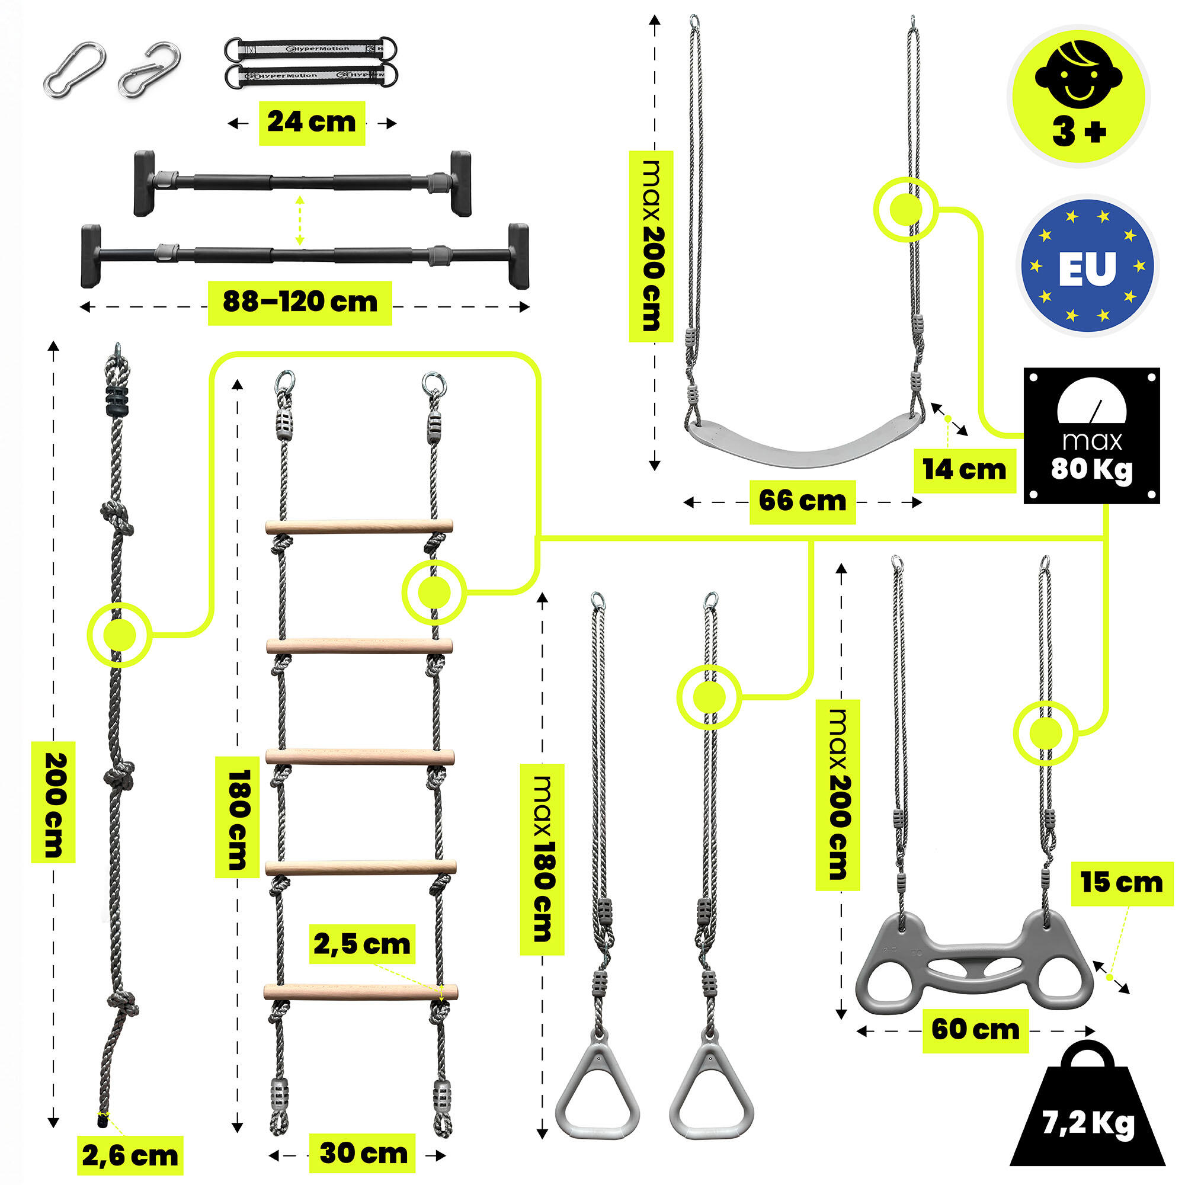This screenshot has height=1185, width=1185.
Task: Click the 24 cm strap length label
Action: (x=312, y=123)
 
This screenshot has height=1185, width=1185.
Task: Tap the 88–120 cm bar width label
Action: (x=300, y=302)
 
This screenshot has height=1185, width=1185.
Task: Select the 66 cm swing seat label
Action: (x=802, y=502)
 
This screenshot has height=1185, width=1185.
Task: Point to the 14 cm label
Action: (x=965, y=470)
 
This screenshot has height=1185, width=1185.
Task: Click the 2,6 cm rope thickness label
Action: (x=130, y=1155)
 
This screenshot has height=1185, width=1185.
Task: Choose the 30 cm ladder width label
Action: (x=364, y=1154)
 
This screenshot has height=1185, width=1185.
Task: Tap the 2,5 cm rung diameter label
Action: (x=362, y=944)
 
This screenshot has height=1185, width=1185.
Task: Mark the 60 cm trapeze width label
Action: (x=976, y=1029)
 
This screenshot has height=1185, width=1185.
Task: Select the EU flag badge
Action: (x=1087, y=266)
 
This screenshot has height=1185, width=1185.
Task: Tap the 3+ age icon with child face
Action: (x=1079, y=95)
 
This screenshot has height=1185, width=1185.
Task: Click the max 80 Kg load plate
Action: (x=1091, y=436)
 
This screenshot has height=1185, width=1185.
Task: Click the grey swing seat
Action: (x=803, y=436)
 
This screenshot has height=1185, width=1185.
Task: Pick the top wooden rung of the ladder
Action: (x=360, y=526)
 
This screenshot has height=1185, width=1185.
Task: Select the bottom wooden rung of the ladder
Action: (x=361, y=991)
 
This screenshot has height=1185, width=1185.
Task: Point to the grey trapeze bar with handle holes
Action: (x=975, y=963)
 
